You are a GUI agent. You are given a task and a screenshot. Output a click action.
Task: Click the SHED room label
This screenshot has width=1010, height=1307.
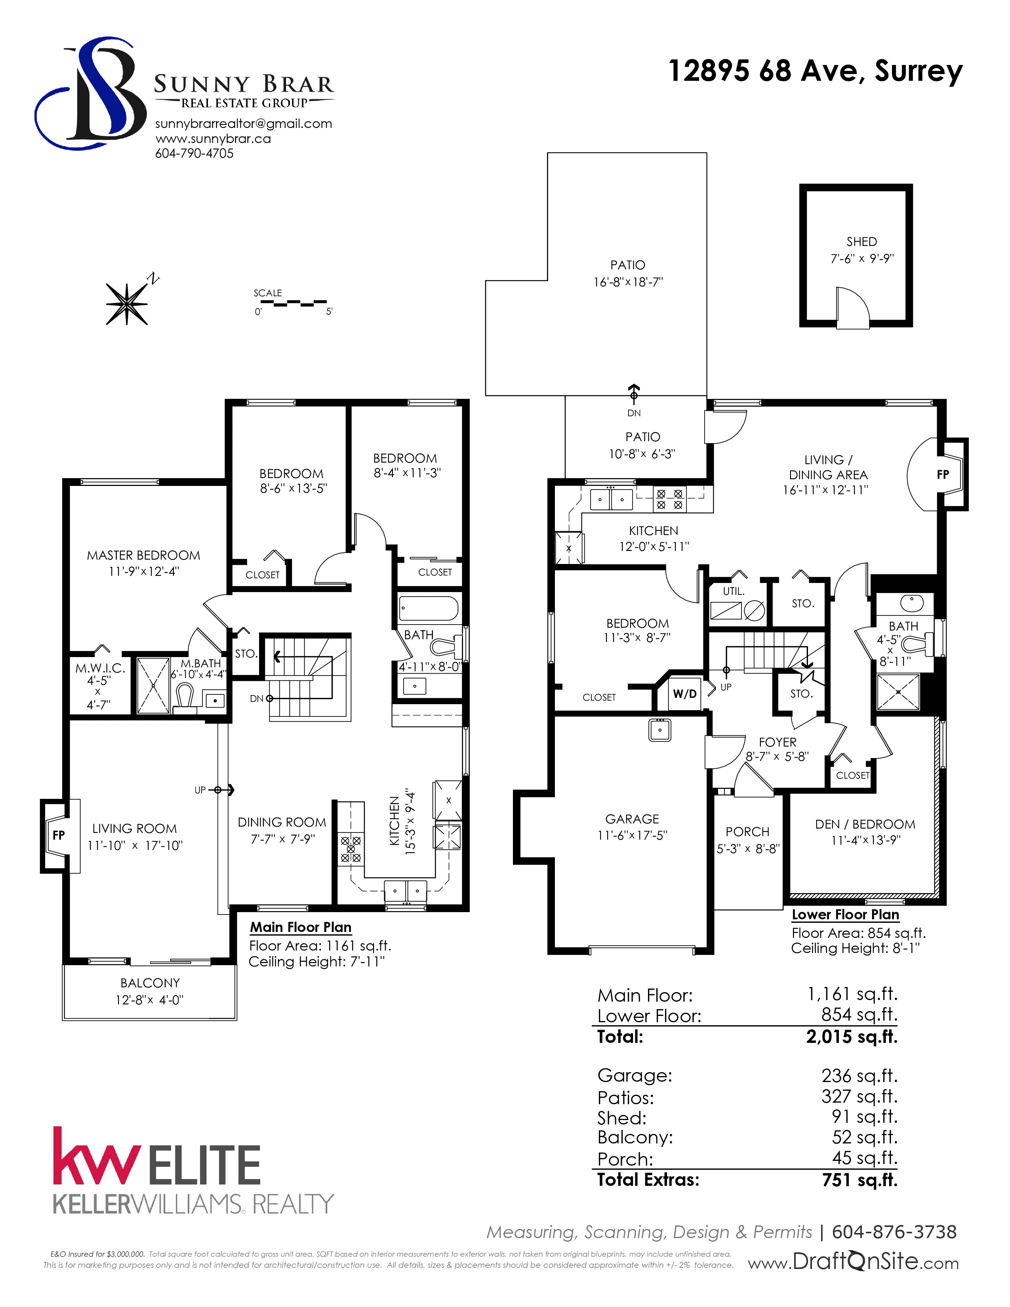(861, 242)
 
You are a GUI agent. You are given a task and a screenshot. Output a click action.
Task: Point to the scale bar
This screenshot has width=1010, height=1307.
(293, 303)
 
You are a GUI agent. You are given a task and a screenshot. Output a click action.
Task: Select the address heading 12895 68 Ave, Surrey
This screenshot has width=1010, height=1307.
(815, 71)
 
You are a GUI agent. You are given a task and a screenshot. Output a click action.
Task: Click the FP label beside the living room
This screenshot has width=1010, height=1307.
(59, 835)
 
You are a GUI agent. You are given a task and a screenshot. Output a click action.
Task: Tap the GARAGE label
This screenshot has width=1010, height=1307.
(632, 819)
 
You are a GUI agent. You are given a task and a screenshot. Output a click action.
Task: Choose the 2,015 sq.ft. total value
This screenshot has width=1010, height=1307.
(852, 1036)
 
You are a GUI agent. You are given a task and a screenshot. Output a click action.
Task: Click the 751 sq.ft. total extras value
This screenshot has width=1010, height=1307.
(860, 1179)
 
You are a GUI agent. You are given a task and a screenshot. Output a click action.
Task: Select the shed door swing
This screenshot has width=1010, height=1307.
(852, 307)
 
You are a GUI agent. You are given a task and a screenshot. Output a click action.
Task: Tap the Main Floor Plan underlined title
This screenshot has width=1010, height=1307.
(300, 927)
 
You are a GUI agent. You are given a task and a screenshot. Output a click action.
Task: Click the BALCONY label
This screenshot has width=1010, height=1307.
(150, 983)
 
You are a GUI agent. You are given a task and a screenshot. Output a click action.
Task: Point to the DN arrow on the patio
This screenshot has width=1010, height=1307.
(634, 392)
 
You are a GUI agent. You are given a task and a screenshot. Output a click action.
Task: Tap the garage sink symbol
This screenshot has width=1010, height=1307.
(660, 730)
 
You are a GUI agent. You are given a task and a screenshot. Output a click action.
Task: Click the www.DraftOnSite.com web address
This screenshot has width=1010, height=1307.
(853, 1261)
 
